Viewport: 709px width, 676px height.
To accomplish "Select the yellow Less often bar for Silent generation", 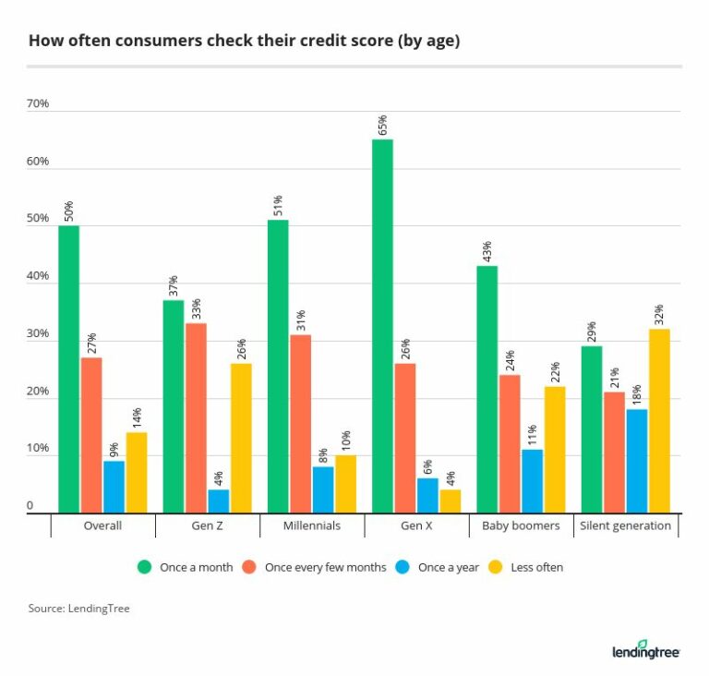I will tap(659, 420).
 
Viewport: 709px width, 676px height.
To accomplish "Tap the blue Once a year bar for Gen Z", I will tap(218, 501).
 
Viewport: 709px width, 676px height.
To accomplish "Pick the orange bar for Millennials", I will tap(300, 423).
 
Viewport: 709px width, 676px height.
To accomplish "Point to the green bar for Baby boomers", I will tap(487, 389).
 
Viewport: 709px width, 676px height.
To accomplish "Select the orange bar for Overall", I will tap(91, 435).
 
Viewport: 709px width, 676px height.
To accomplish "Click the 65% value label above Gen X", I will tap(382, 124).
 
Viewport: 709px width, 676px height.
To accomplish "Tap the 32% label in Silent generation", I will tap(659, 314).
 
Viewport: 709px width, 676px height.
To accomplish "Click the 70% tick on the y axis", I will tap(38, 104).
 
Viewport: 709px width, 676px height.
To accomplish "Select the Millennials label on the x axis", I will tap(312, 526).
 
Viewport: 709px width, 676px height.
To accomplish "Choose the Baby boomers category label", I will tap(521, 526).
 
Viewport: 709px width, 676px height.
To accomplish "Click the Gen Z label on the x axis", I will tap(207, 526).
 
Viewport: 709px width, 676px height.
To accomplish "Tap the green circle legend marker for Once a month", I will tap(144, 567).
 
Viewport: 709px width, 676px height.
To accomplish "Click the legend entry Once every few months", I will tap(325, 567).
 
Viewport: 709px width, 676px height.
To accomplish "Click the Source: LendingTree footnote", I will tap(78, 609).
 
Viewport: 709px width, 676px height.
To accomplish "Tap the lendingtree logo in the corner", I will tap(645, 650).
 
